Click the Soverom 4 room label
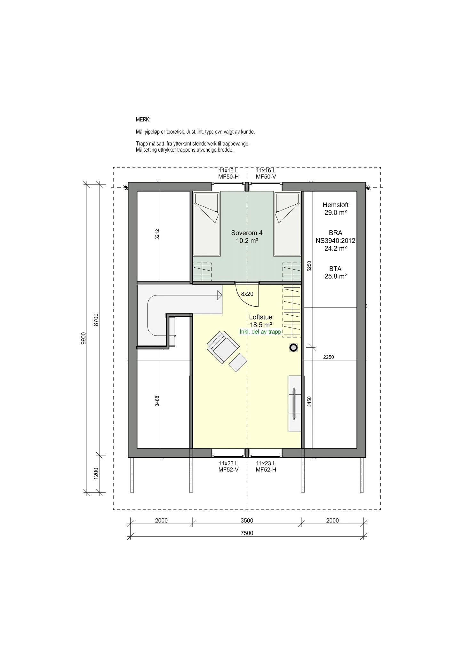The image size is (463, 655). click(x=247, y=233)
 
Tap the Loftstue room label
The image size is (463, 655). click(x=261, y=317)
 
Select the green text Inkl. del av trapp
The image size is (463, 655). click(x=260, y=332)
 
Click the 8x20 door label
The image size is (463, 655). click(x=247, y=294)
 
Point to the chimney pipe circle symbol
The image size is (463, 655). click(x=293, y=348)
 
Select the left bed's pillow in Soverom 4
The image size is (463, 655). click(x=207, y=202)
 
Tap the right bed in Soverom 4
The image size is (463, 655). click(x=287, y=224)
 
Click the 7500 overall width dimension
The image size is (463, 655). click(x=247, y=533)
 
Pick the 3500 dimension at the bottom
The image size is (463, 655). click(x=247, y=521)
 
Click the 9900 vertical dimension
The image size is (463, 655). click(x=84, y=338)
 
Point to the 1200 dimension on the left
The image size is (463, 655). click(x=96, y=473)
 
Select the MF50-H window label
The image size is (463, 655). click(x=228, y=177)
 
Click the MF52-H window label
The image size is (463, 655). click(x=266, y=470)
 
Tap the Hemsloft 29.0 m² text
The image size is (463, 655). click(x=335, y=209)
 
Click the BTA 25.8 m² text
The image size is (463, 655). click(x=335, y=272)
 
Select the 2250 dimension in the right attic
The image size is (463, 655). click(x=328, y=357)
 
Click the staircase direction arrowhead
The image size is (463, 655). click(x=220, y=295)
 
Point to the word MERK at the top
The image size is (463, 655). click(x=143, y=120)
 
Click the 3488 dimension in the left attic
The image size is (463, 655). click(x=157, y=401)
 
